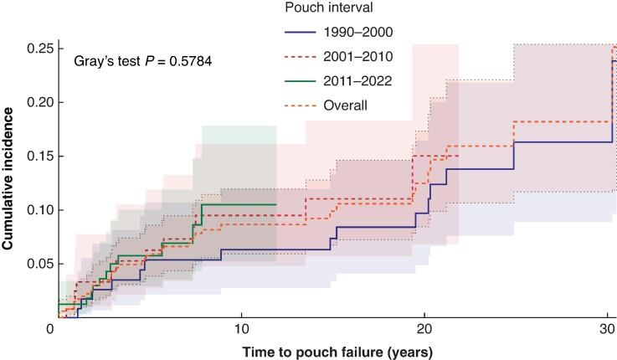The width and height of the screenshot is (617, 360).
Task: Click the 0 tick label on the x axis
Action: coord(52,329)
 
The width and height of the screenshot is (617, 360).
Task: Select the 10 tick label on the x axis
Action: coord(241,329)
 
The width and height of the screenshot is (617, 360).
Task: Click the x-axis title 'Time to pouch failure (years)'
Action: coord(333,352)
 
